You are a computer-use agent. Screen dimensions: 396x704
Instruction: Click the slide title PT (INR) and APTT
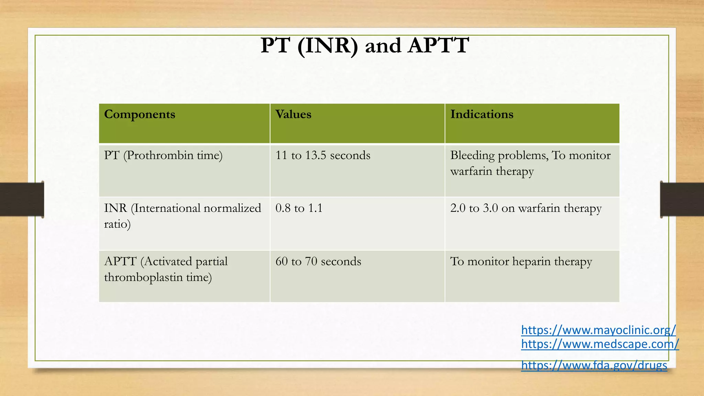tap(364, 45)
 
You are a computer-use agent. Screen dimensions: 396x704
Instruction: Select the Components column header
tap(140, 114)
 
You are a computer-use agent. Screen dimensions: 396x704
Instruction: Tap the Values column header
tap(293, 114)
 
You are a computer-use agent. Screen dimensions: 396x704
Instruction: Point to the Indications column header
tap(482, 114)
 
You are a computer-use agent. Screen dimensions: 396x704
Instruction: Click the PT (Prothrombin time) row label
tap(163, 155)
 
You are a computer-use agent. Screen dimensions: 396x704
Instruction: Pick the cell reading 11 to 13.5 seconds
tap(323, 155)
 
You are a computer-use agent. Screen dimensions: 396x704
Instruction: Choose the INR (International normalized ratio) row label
tap(182, 216)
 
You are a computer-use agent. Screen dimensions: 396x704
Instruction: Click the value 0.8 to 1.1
tap(299, 208)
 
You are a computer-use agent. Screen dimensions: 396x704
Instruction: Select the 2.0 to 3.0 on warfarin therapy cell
tap(526, 208)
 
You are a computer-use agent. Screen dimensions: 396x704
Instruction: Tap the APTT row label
tap(166, 269)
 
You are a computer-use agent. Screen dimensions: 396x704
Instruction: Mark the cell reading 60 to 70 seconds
tap(318, 262)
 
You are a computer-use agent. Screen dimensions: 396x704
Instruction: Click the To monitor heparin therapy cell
tap(521, 262)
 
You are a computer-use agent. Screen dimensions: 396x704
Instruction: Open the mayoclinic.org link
tap(598, 330)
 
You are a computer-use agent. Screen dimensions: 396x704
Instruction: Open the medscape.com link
tap(600, 344)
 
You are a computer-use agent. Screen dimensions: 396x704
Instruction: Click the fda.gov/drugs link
tap(594, 365)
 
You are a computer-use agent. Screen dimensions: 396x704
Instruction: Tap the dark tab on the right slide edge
tap(682, 199)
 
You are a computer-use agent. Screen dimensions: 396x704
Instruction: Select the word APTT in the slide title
tap(438, 45)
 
